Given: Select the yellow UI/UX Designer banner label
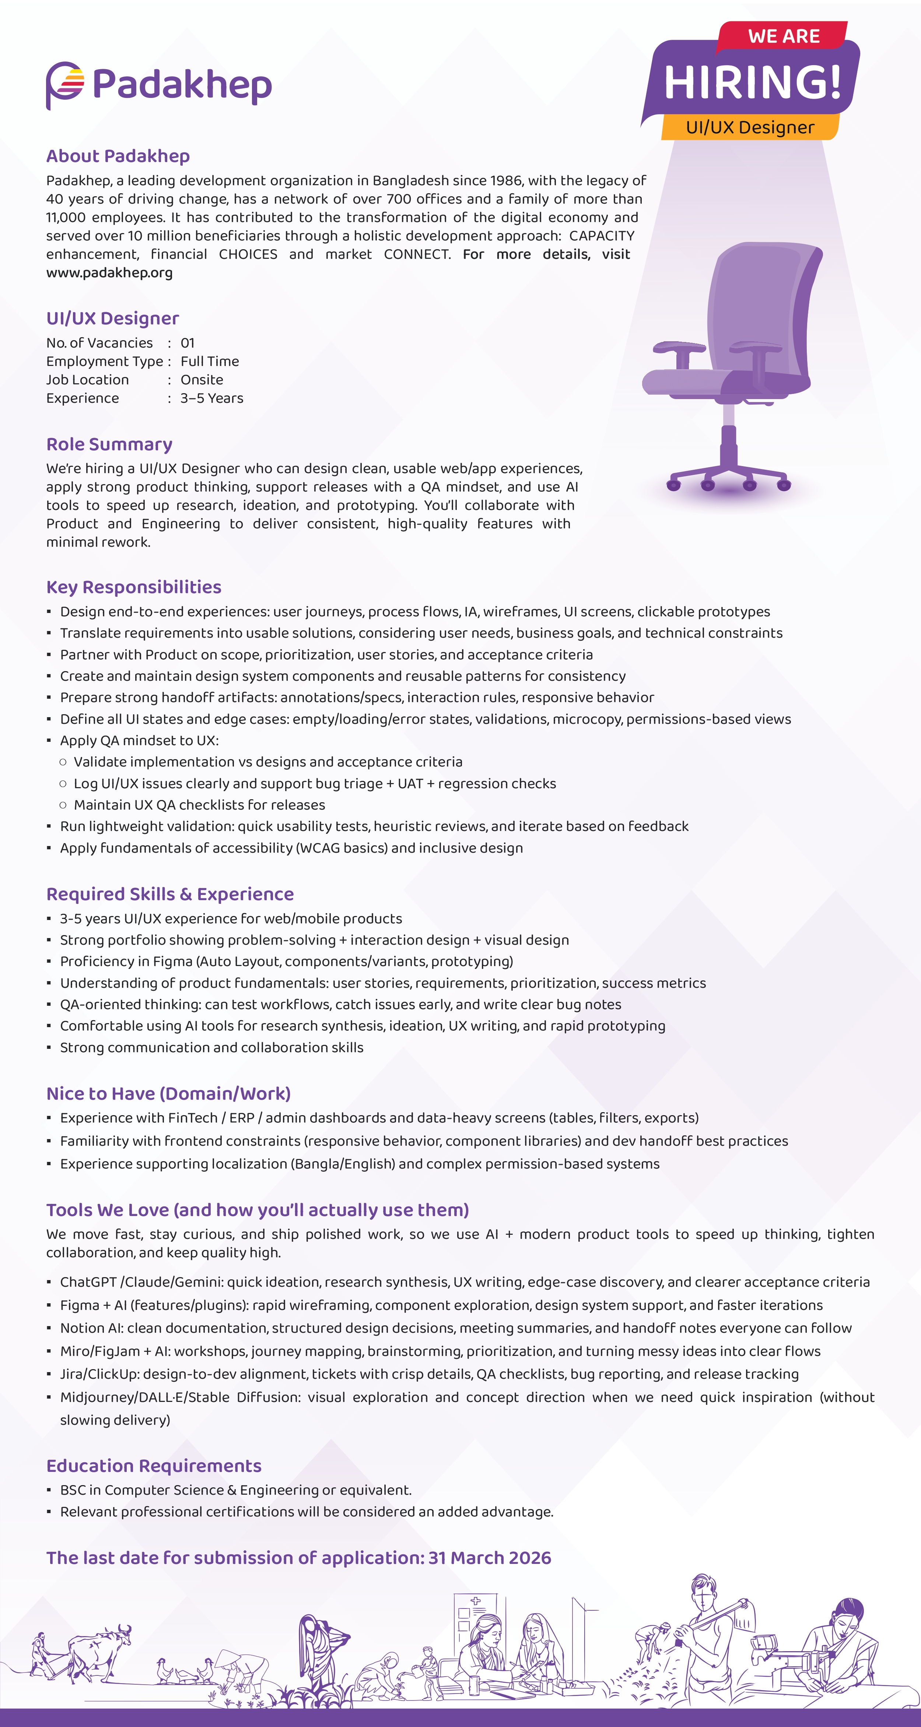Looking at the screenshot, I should click(x=750, y=127).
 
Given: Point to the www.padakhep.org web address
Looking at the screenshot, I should click(x=109, y=273).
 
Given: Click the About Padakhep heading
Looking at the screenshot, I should click(x=118, y=156).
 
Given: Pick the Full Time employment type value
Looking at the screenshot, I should click(x=209, y=362).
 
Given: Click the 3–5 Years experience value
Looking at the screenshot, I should click(x=211, y=398).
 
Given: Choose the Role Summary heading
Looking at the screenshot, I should click(x=109, y=444).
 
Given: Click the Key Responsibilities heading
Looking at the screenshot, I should click(x=133, y=587).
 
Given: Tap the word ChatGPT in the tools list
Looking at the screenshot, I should click(x=88, y=1282).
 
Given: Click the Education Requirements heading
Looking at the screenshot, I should click(x=154, y=1466).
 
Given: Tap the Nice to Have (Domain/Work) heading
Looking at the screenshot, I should click(x=168, y=1093).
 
